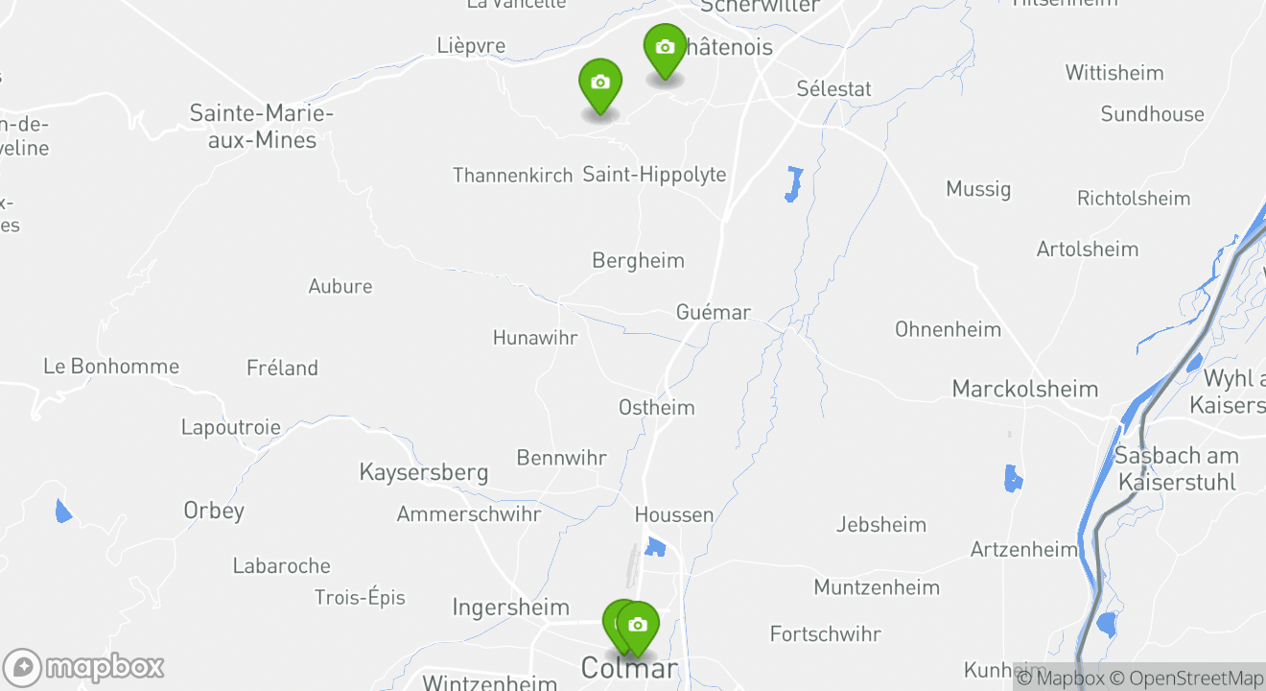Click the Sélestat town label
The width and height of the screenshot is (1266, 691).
[x=833, y=89]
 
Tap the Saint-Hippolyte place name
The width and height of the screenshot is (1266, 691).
[x=654, y=175]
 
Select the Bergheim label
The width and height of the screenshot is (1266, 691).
[x=638, y=260]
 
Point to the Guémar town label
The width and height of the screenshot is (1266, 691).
[x=713, y=312]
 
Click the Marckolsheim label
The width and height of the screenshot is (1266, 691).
[x=1024, y=389]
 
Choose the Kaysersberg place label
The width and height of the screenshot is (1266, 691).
[x=423, y=472]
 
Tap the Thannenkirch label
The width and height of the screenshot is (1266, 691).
[x=512, y=175]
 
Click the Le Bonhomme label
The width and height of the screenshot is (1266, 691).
[x=111, y=366]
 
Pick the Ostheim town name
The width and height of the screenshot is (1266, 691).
[x=656, y=407]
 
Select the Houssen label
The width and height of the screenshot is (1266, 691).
[x=674, y=514]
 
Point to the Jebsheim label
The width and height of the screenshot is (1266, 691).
[x=880, y=524]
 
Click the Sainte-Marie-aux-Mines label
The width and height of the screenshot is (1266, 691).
[x=261, y=127]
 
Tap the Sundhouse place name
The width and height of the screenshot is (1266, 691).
[x=1152, y=114]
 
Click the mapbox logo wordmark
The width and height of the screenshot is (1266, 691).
[x=104, y=667]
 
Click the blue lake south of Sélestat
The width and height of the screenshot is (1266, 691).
[x=793, y=183]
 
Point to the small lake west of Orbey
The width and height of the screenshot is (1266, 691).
[x=63, y=511]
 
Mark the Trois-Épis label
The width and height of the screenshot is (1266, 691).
[x=360, y=597]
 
